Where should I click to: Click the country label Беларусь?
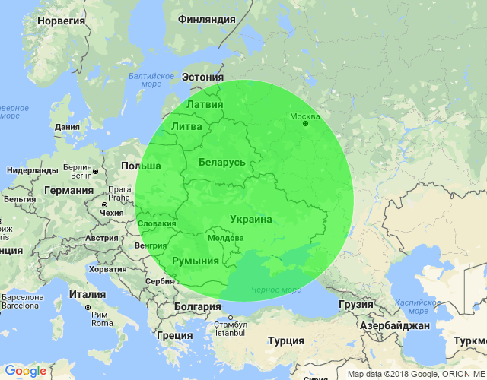221,162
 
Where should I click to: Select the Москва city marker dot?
305,125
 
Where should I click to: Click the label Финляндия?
205,19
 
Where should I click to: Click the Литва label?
187,126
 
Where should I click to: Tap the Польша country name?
141,166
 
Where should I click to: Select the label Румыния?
196,261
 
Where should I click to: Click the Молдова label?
225,238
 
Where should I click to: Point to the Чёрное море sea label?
275,290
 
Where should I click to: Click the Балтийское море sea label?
151,80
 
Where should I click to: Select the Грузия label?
355,304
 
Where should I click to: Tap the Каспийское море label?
417,306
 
